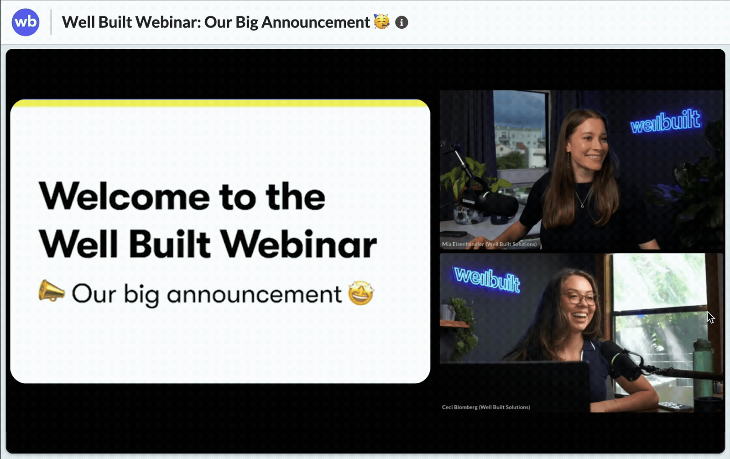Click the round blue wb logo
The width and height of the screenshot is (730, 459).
click(x=26, y=22)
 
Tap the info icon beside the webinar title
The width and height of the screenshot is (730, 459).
click(x=401, y=22)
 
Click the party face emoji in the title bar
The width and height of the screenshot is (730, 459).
click(x=381, y=21)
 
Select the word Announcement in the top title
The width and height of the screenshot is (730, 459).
click(x=315, y=22)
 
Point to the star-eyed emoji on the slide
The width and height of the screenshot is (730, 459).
click(x=361, y=293)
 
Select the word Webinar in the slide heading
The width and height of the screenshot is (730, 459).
click(x=299, y=244)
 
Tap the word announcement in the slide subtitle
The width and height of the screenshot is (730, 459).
click(x=254, y=294)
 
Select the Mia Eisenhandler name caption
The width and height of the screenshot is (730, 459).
click(x=489, y=244)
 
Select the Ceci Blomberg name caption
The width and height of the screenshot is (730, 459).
click(x=486, y=407)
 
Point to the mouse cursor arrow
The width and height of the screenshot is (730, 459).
click(x=710, y=317)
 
